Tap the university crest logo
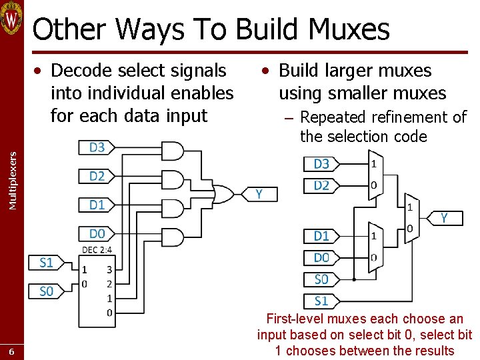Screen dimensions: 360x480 [11, 18]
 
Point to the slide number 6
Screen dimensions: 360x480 [11, 352]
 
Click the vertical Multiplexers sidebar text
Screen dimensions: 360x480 [12, 180]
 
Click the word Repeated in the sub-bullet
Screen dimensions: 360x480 [333, 118]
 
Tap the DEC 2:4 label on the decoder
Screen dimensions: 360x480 [97, 250]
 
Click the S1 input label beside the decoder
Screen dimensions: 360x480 [46, 263]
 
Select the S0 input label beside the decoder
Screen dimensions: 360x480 [46, 291]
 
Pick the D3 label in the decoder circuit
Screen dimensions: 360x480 [97, 147]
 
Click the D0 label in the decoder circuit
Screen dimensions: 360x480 [97, 233]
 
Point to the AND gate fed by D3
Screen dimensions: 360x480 [172, 151]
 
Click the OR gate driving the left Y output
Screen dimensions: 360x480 [223, 194]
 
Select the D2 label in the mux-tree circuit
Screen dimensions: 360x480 [321, 185]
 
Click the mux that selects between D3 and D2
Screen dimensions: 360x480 [375, 174]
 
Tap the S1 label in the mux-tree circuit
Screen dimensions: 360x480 [321, 301]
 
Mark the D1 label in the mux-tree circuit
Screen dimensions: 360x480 [321, 236]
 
